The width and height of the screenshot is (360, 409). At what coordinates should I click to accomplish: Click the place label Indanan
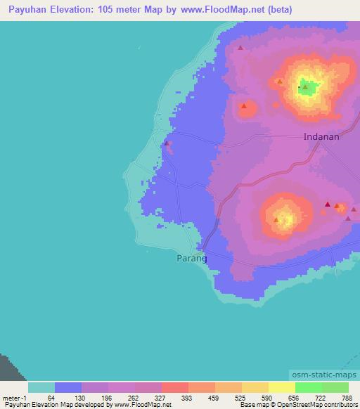pyautogui.click(x=321, y=137)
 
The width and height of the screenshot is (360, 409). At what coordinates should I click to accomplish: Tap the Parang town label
pyautogui.click(x=191, y=258)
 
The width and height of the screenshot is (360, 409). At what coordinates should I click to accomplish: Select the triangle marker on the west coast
pyautogui.click(x=167, y=143)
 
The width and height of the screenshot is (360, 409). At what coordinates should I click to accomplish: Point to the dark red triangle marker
pyautogui.click(x=328, y=204)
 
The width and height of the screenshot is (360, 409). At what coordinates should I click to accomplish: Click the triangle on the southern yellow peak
pyautogui.click(x=276, y=219)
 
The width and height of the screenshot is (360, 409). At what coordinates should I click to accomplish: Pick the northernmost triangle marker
pyautogui.click(x=240, y=48)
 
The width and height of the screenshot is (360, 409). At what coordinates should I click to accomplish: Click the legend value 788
pyautogui.click(x=345, y=398)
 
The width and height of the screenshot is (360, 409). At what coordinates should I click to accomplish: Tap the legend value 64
pyautogui.click(x=51, y=398)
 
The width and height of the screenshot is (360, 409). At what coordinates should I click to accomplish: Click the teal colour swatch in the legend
pyautogui.click(x=41, y=387)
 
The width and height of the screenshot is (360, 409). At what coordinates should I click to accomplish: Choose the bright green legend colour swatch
pyautogui.click(x=335, y=387)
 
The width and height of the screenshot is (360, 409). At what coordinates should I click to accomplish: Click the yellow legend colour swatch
pyautogui.click(x=282, y=387)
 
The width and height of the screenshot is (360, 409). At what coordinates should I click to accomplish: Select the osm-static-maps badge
pyautogui.click(x=323, y=375)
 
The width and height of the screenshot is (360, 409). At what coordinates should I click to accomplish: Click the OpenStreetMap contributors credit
pyautogui.click(x=316, y=405)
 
